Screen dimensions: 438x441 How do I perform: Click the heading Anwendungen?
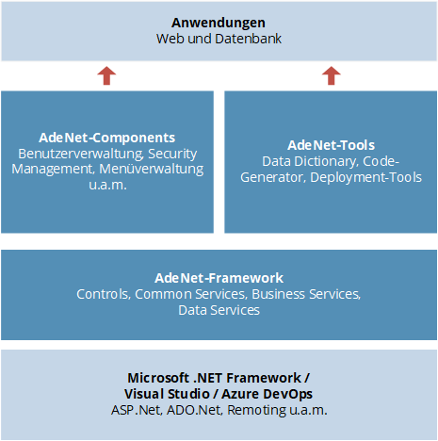click(219, 23)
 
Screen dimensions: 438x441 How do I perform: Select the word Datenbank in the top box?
click(249, 39)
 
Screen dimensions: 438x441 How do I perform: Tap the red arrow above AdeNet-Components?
click(106, 75)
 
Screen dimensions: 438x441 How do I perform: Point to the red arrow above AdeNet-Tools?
click(332, 75)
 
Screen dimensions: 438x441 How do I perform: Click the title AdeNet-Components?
click(107, 138)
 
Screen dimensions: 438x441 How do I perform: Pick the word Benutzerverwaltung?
click(81, 154)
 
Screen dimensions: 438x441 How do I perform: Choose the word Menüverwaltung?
click(152, 169)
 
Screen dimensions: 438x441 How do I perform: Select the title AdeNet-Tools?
click(332, 145)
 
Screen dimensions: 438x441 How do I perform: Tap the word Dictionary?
click(327, 161)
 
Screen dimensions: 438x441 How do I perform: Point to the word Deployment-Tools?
click(366, 177)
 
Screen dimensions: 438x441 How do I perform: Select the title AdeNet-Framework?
click(219, 278)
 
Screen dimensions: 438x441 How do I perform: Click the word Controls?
click(104, 294)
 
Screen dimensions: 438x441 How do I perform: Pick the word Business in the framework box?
click(278, 294)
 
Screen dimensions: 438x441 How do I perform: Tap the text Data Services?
click(219, 310)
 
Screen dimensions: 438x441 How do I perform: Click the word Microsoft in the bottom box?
click(157, 378)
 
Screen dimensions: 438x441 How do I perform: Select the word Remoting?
click(257, 410)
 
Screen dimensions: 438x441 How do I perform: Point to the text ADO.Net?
click(195, 410)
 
